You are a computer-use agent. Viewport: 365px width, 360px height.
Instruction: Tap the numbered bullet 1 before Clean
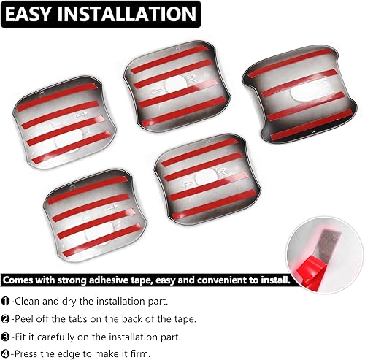(7, 300)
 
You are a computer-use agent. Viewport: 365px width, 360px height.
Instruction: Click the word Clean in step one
(30, 300)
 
